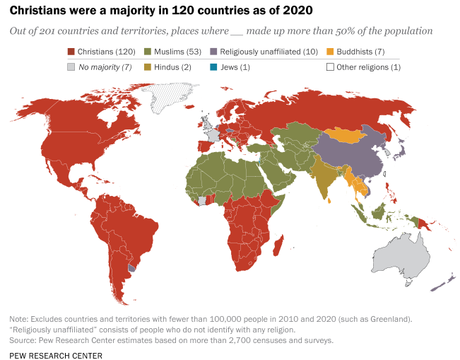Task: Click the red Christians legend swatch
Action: (x=71, y=52)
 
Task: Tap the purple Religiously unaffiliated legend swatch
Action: (x=213, y=52)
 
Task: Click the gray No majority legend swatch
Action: (x=71, y=67)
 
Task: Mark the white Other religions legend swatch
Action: (x=330, y=67)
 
